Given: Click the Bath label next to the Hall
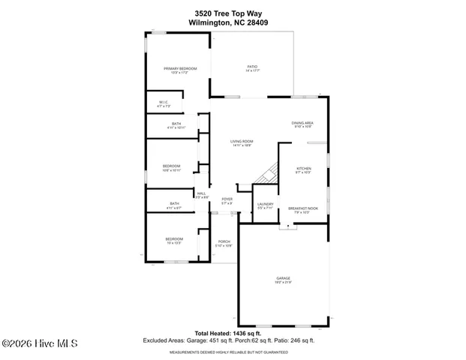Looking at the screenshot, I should point(174,205).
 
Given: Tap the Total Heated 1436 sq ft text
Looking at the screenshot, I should point(227,333).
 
